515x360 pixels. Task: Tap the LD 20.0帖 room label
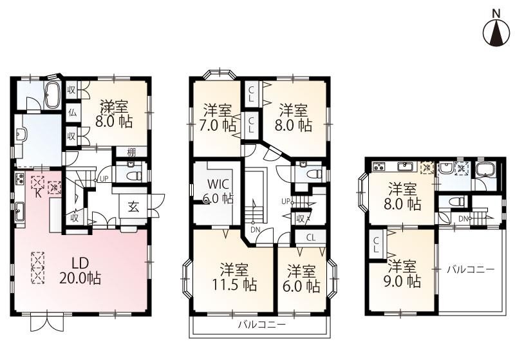pos(80,270)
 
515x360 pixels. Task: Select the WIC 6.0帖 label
pos(218,191)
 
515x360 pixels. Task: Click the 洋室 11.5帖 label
pos(234,277)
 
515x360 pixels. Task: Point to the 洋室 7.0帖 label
pos(218,117)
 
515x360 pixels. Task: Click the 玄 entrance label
pos(133,207)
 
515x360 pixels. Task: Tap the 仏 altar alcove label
pos(72,113)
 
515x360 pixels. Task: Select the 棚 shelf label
pos(131,152)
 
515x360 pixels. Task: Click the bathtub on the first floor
pos(52,95)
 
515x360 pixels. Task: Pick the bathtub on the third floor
pos(485,172)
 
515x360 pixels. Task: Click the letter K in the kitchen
pos(38,193)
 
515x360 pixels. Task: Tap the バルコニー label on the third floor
pos(471,270)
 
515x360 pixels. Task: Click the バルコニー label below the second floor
pos(262,325)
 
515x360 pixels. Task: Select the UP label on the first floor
pos(104,179)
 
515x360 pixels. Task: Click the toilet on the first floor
pos(133,171)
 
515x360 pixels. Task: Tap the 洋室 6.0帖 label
pos(301,279)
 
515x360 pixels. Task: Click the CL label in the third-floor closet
pos(376,245)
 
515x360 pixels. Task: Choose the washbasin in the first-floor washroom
pos(21,134)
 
